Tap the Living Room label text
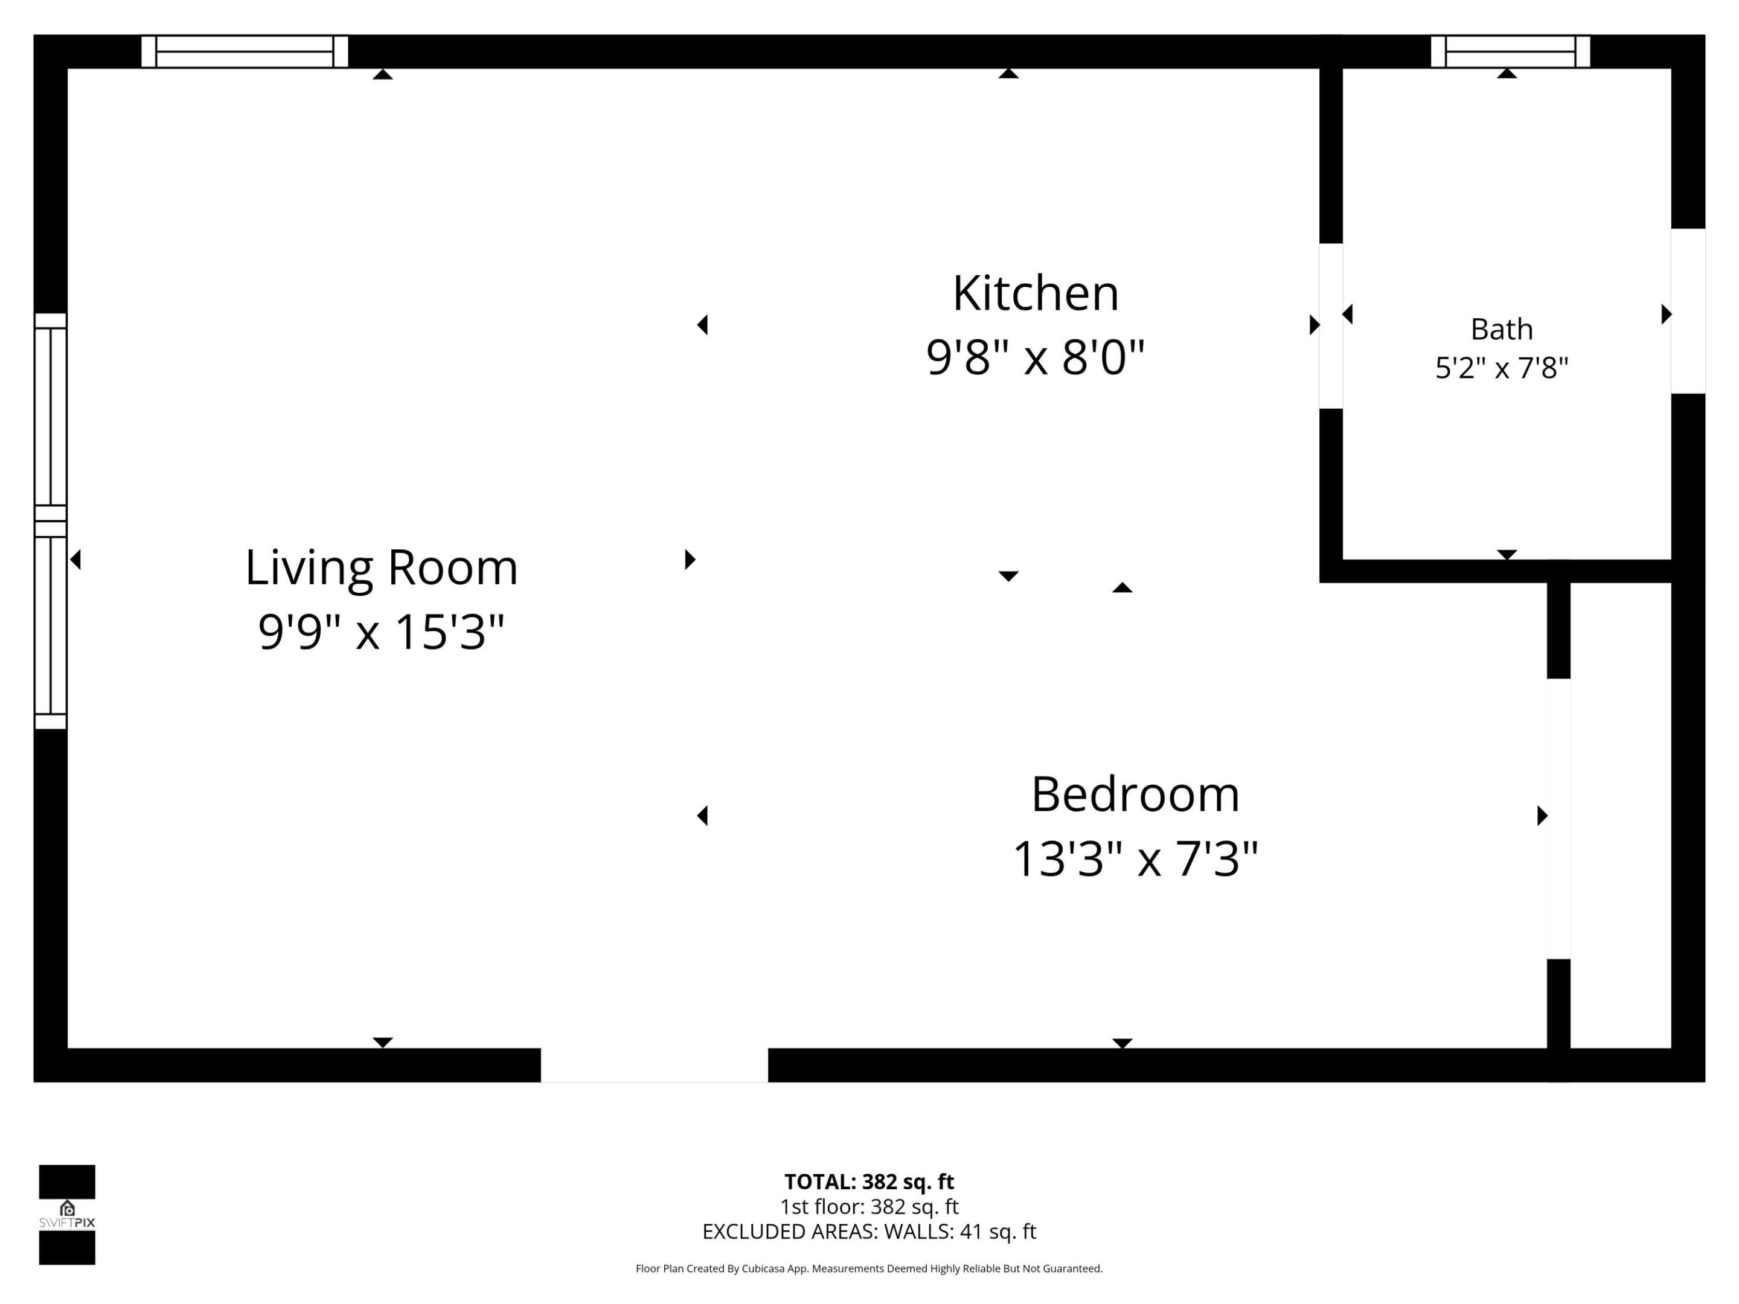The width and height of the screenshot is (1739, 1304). [381, 567]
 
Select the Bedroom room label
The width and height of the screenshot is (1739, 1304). [1135, 794]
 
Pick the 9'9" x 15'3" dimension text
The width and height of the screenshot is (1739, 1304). [381, 632]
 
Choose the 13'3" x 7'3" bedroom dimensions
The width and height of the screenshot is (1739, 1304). [1135, 858]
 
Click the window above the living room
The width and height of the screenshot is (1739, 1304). [245, 52]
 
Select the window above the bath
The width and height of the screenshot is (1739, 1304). [1510, 52]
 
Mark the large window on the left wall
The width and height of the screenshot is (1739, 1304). [50, 521]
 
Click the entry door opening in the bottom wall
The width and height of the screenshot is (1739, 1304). [654, 1064]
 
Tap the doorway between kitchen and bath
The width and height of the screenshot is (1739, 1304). [1330, 326]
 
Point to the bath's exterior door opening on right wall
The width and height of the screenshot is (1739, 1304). [1688, 312]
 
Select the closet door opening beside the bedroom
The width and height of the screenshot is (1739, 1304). [1558, 818]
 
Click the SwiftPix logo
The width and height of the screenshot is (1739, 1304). [67, 1215]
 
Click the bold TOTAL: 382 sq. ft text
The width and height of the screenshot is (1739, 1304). [869, 1181]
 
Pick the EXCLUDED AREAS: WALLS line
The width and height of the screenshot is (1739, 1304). [869, 1232]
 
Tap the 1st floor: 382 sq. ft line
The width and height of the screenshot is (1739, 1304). [869, 1207]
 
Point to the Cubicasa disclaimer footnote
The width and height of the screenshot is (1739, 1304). [869, 1268]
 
